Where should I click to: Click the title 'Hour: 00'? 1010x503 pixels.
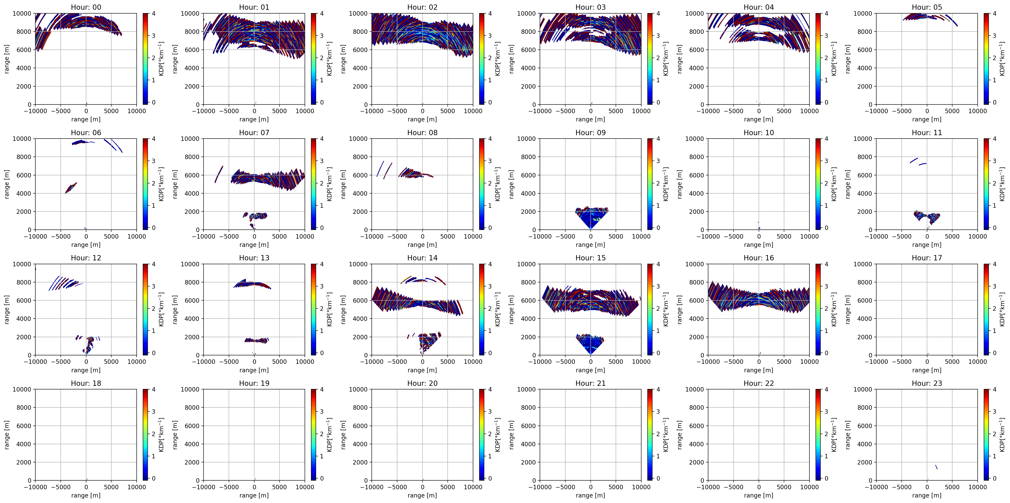(x=86, y=7)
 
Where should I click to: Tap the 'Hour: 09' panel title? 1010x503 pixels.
(x=590, y=132)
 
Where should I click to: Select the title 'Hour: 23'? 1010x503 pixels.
(x=927, y=383)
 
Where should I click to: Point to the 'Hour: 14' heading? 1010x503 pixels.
(x=422, y=258)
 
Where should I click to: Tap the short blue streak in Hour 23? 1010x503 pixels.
(x=936, y=467)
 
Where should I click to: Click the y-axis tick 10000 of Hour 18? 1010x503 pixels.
(x=22, y=389)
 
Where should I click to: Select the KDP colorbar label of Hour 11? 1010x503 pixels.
(x=1002, y=184)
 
